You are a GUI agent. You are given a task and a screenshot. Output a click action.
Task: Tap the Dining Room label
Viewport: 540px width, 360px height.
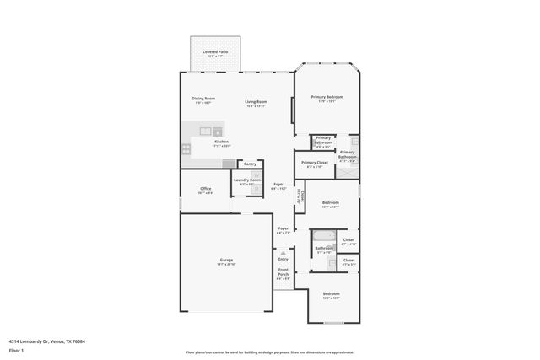[203, 99]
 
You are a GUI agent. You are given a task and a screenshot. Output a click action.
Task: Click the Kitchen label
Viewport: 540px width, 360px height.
[221, 142]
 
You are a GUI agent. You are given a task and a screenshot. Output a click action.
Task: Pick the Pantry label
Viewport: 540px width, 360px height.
[250, 164]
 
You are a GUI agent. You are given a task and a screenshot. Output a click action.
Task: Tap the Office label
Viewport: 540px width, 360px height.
[205, 188]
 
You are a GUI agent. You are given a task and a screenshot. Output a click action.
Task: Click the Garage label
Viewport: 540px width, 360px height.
[226, 260]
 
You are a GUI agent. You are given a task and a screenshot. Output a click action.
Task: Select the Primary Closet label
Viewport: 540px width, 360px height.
[315, 162]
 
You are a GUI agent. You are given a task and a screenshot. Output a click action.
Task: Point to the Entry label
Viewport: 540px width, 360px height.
[283, 259]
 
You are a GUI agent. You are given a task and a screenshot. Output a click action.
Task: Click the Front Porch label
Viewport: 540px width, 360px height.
[283, 273]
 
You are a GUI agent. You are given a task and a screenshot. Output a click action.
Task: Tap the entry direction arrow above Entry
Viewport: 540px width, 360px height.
[283, 252]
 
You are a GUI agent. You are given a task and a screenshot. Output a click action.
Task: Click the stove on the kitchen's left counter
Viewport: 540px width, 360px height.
[185, 148]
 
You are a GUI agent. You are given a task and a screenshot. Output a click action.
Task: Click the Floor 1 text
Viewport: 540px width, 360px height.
[16, 349]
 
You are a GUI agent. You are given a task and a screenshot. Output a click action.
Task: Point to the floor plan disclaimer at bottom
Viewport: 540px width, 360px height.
[270, 352]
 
